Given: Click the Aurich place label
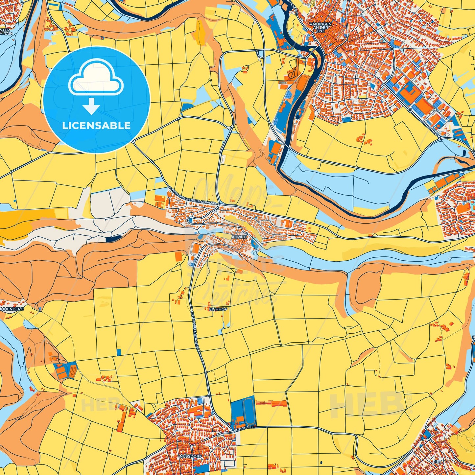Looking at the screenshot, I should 239,237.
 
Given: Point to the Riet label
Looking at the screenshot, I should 437,462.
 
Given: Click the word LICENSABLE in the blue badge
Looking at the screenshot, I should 96,126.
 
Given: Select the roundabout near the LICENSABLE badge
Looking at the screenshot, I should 133,141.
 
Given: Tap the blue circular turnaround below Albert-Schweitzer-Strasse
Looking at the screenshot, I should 190,220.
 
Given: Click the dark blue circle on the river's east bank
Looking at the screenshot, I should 297,116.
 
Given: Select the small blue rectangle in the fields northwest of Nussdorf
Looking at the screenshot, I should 119,352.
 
